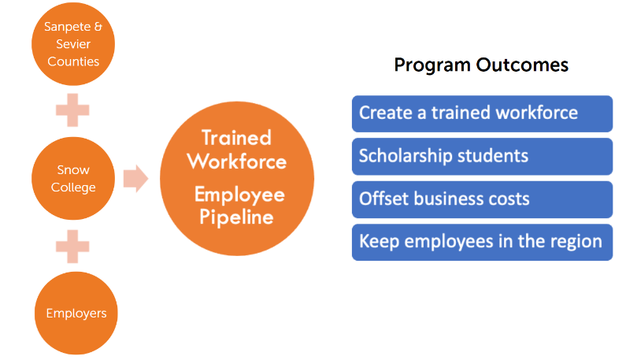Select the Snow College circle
coord(72,179)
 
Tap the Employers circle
coord(76,313)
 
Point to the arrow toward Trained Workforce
coord(135,179)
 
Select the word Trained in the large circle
coord(236,137)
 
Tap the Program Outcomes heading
coord(481,65)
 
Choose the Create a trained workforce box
coord(481,113)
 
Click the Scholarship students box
coord(481,155)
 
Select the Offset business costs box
coord(481,199)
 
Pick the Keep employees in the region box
coord(481,241)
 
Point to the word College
coord(73,187)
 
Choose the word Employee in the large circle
coord(239,195)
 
